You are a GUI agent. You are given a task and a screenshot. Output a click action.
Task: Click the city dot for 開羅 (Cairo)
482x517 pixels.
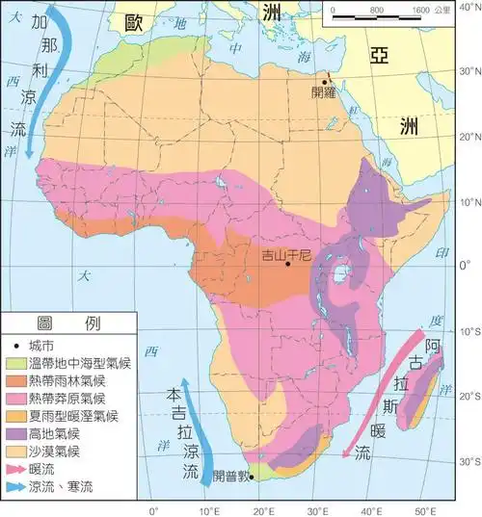coord(324,82)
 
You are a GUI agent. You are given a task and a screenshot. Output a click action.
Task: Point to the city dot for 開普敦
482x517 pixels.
coord(251,477)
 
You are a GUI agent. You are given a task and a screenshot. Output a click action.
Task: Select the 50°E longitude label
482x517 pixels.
coord(422,509)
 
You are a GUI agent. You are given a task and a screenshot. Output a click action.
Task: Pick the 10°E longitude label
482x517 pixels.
coord(207,509)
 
